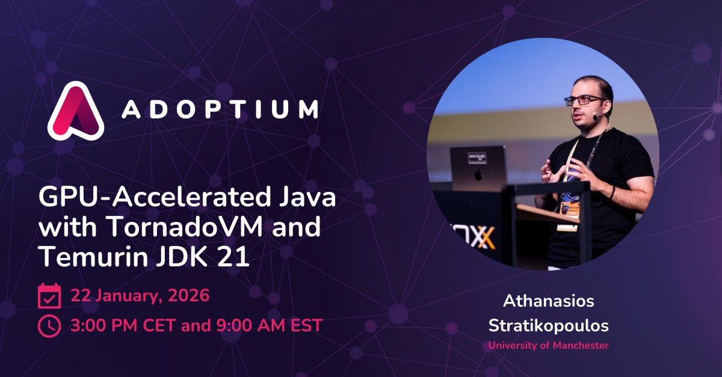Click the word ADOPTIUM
220,109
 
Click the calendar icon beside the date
49,296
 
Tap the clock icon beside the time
49,326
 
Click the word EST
306,326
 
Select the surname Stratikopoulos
548,326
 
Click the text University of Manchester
548,346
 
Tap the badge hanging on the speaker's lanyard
566,208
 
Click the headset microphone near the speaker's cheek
594,118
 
